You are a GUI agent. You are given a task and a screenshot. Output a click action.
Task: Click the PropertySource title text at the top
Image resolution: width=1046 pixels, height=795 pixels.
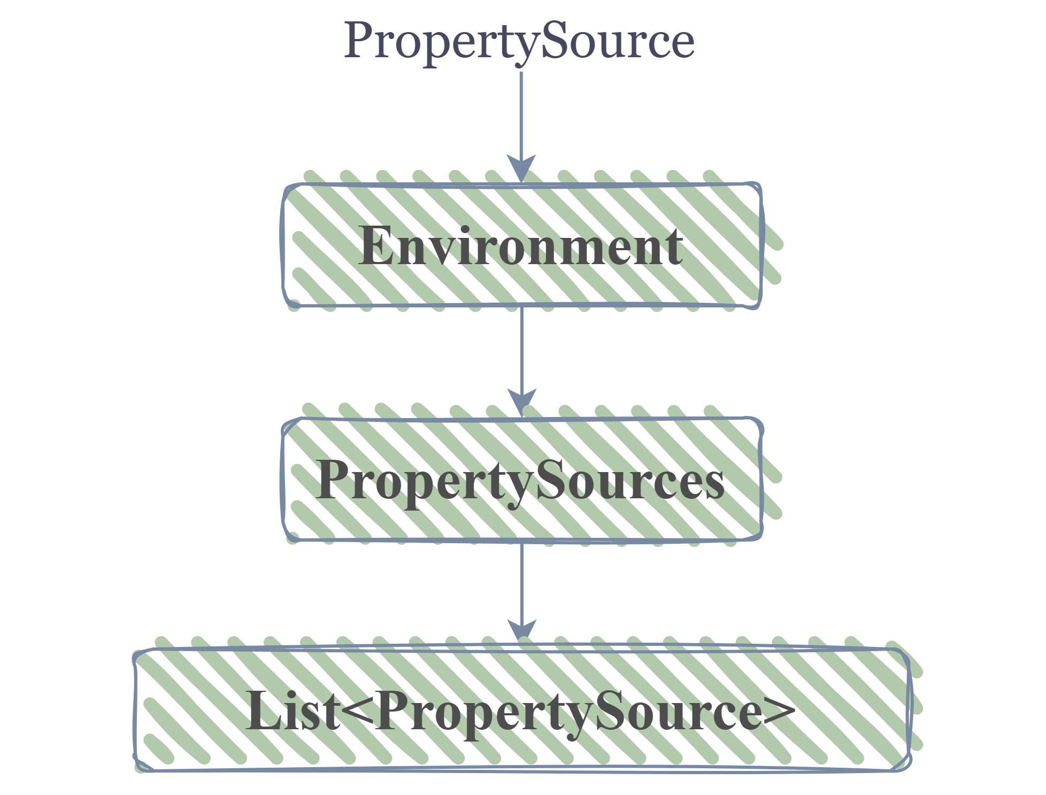pos(519,42)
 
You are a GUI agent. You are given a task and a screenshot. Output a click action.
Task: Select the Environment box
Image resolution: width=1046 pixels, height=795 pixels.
pos(521,245)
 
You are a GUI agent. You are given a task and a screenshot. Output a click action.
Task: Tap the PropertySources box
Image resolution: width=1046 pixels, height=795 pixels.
pos(521,480)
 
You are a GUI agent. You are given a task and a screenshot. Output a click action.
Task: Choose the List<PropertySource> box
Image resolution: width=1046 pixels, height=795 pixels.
pos(522,709)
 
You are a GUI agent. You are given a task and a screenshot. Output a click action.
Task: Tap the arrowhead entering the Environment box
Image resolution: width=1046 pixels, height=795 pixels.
pos(521,169)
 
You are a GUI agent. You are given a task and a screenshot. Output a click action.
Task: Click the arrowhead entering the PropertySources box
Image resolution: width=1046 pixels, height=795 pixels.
pos(522,403)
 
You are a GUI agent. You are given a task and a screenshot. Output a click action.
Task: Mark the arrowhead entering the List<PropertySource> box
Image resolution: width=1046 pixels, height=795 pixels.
pos(522,632)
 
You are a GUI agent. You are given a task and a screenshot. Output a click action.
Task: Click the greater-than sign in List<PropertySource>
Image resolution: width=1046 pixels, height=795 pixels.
pos(780,713)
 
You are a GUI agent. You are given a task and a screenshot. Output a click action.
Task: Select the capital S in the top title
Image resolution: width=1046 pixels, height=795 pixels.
pos(556,41)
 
